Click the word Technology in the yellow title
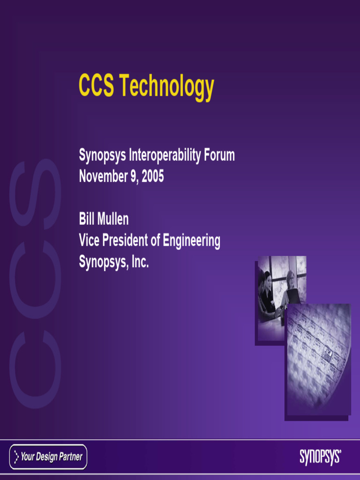pos(166,87)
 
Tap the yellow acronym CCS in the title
pos(96,86)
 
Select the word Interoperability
pos(165,155)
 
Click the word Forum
pos(219,155)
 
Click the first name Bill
pos(86,218)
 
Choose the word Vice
pos(89,240)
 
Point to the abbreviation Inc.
pos(140,262)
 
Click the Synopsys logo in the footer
pos(320,457)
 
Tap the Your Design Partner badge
pos(48,457)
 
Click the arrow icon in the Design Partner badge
pos(16,457)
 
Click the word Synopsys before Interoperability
pos(102,156)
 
